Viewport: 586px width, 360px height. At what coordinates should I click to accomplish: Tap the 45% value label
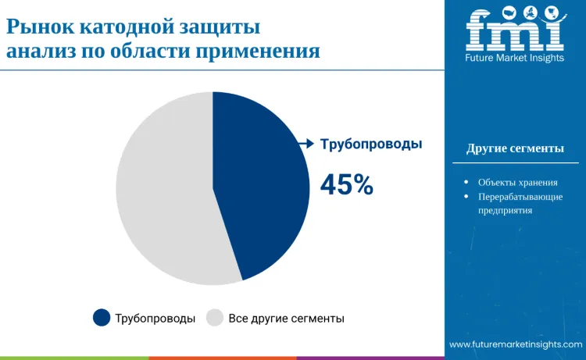(347, 184)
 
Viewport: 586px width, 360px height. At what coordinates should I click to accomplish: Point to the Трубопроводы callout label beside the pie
(371, 144)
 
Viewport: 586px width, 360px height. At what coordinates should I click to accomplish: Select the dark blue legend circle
(102, 317)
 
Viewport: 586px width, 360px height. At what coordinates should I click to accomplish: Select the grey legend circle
(215, 317)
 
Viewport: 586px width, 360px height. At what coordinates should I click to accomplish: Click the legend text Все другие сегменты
(286, 318)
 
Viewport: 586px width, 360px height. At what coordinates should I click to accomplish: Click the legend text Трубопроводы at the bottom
(155, 318)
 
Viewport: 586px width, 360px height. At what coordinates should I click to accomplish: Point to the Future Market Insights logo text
(514, 59)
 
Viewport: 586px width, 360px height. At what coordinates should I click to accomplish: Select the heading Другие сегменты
(515, 148)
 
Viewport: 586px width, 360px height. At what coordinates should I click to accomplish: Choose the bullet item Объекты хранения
(518, 182)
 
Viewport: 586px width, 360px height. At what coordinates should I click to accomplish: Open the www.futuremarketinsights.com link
(516, 344)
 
